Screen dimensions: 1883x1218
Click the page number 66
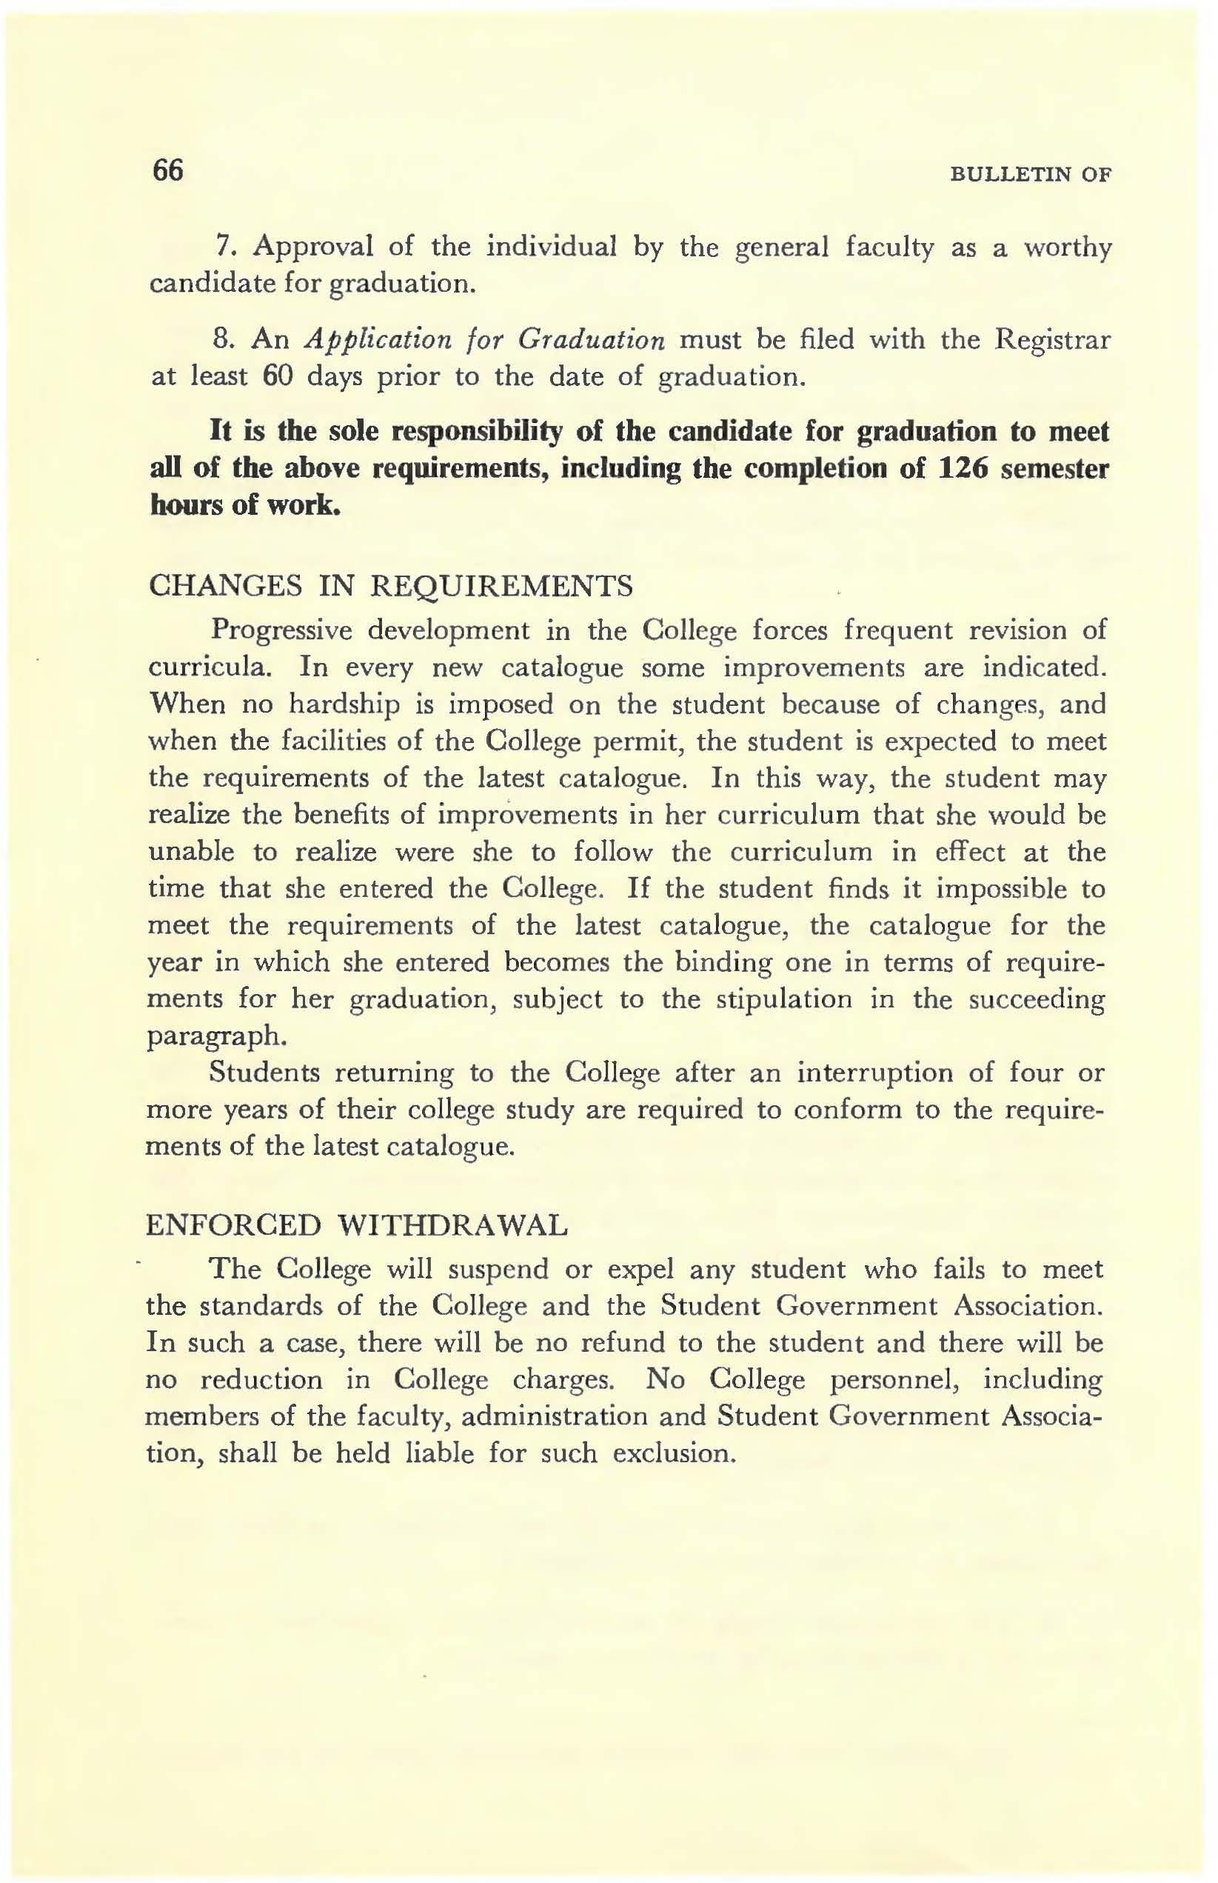167,170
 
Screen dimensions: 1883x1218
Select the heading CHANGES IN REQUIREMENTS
391,586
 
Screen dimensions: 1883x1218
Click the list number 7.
222,247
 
